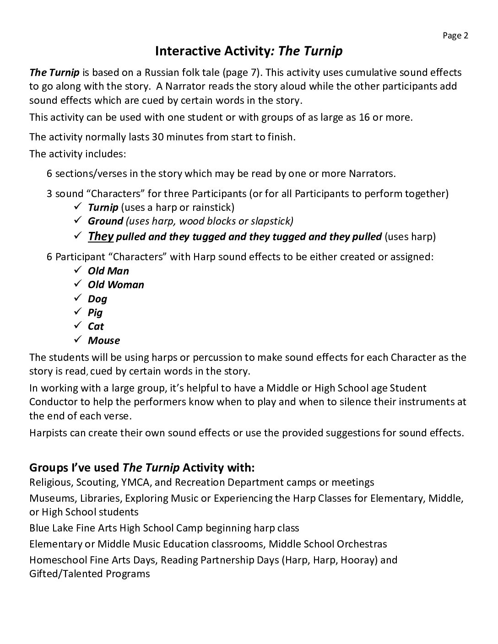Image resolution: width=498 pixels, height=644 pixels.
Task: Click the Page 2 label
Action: point(455,36)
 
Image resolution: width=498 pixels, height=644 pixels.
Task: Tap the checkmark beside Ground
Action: point(77,220)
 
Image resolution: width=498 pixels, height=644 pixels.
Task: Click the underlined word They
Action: point(101,236)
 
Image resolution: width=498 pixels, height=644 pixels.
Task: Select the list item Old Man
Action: point(108,271)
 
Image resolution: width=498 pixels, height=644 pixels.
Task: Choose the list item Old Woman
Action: point(116,284)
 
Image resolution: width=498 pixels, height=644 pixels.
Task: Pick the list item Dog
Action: point(97,299)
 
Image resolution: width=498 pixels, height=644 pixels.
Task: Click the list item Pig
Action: point(95,312)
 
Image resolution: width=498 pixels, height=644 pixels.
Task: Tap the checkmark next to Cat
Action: point(77,326)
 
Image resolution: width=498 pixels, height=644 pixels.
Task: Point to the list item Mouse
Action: point(104,340)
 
